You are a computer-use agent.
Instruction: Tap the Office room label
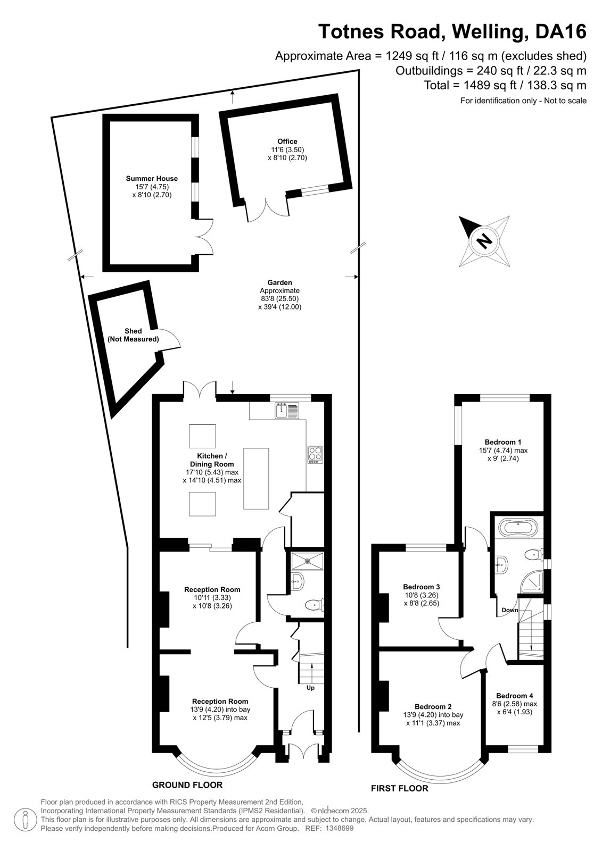[287, 141]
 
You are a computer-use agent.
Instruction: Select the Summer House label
[152, 178]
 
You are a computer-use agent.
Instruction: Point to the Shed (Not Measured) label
[133, 335]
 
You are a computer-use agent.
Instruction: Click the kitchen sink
[287, 410]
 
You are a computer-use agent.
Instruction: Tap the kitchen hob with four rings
[315, 455]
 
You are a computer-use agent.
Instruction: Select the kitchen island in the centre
[256, 478]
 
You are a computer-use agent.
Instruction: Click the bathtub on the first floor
[517, 529]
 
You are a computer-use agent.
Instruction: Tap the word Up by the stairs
[310, 687]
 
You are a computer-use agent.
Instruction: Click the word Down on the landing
[509, 610]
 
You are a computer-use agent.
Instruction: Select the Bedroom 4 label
[514, 696]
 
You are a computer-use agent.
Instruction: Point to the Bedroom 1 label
[503, 442]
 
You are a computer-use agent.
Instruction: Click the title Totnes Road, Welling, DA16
[452, 31]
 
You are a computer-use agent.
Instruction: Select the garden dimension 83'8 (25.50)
[279, 298]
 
